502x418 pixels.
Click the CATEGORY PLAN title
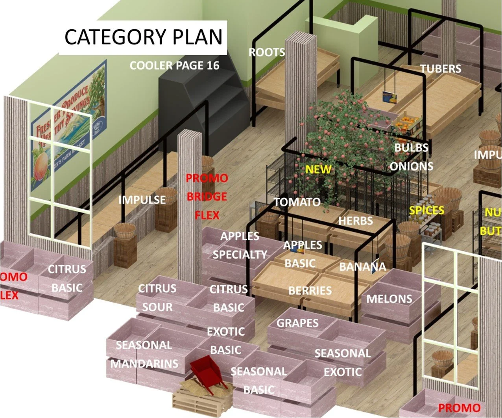point(143,37)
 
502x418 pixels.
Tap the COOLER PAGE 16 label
point(174,65)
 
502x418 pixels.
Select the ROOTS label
point(267,52)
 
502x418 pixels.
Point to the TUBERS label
point(441,69)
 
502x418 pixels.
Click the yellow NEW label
point(318,169)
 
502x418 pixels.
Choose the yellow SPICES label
point(426,210)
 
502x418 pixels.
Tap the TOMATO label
point(297,202)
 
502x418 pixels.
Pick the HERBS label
point(356,221)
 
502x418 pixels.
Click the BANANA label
point(363,267)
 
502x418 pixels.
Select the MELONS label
point(389,299)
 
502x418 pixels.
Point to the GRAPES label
point(297,323)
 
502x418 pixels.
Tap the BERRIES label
point(310,291)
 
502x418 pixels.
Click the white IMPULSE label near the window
point(142,200)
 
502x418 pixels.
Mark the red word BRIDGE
point(207,196)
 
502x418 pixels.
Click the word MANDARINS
point(144,363)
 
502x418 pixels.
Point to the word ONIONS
point(412,166)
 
